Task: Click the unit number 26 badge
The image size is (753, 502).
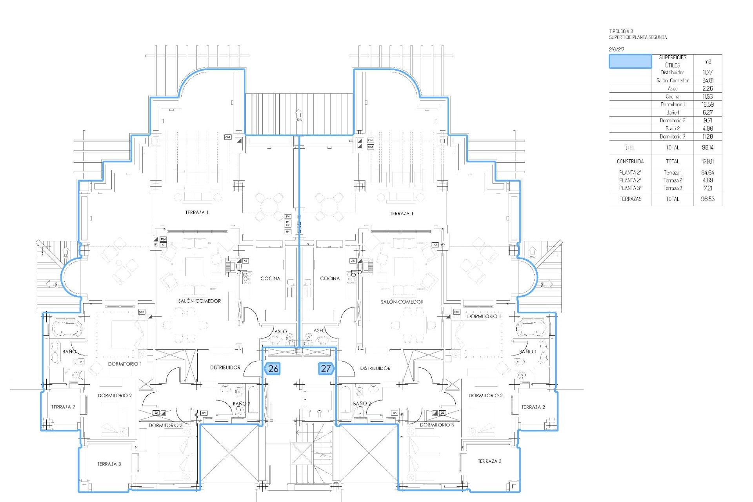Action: pyautogui.click(x=273, y=369)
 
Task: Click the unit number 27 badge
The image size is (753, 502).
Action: pyautogui.click(x=326, y=369)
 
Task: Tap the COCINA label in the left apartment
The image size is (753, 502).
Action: pyautogui.click(x=270, y=278)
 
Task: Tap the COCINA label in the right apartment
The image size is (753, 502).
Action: pyautogui.click(x=330, y=278)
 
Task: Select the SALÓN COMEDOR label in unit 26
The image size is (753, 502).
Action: pyautogui.click(x=199, y=301)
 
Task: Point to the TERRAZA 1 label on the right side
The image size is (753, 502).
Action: pyautogui.click(x=401, y=214)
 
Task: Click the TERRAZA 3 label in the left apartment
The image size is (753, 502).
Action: pyautogui.click(x=109, y=464)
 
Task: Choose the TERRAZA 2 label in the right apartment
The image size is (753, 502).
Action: pyautogui.click(x=533, y=407)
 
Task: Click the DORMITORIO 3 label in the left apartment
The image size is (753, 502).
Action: pyautogui.click(x=166, y=425)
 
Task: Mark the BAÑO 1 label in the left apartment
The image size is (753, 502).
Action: pyautogui.click(x=71, y=351)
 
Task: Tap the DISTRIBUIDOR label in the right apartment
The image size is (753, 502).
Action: pyautogui.click(x=375, y=368)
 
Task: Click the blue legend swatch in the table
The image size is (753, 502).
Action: pyautogui.click(x=630, y=62)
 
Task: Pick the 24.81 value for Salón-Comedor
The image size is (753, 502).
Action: pyautogui.click(x=708, y=80)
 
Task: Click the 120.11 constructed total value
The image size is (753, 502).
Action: pyautogui.click(x=708, y=161)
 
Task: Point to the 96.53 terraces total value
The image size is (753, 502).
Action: pyautogui.click(x=708, y=199)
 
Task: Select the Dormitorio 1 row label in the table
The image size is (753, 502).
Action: pyautogui.click(x=672, y=105)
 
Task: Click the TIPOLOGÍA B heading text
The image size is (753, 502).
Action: pyautogui.click(x=621, y=31)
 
